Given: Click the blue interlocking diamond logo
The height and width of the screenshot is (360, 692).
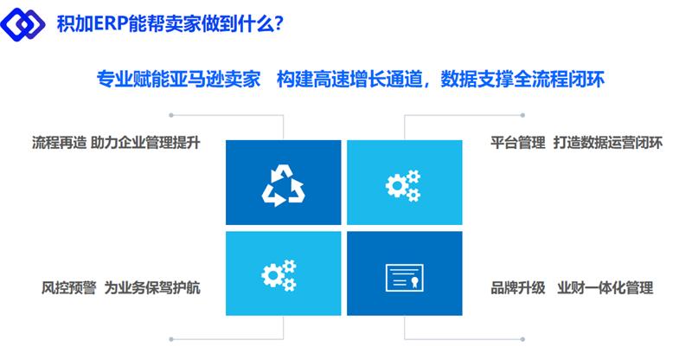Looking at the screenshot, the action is coord(22,23).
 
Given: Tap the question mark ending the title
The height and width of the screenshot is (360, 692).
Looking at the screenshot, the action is coord(279,23).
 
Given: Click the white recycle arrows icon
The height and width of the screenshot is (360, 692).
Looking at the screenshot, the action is coord(284,185).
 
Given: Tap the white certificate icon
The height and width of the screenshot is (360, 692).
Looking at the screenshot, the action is coord(405,278).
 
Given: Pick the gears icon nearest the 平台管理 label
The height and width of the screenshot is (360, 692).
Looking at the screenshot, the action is coord(403,186).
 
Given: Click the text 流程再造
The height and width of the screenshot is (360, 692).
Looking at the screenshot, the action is coord(59,143).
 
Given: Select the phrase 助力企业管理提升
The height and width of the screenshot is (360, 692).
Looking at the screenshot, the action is coord(145,143).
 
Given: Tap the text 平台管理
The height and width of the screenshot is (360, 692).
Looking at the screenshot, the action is coord(518,143).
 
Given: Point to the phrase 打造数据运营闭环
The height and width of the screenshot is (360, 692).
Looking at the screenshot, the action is coord(608,143).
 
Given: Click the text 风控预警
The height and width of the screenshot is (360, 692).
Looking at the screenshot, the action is coord(69,288).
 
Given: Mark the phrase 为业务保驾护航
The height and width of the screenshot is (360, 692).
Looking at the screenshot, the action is coord(152,288).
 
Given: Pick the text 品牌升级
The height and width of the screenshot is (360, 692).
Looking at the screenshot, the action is coord(518,288).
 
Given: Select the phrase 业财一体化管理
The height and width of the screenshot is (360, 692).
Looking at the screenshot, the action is coord(605,288).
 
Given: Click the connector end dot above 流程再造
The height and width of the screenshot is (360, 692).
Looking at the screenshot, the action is coord(171,115).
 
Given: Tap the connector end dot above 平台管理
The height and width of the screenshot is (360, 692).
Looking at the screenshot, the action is coord(522,115).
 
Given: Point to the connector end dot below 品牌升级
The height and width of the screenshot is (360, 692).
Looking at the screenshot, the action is coord(522,339).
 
